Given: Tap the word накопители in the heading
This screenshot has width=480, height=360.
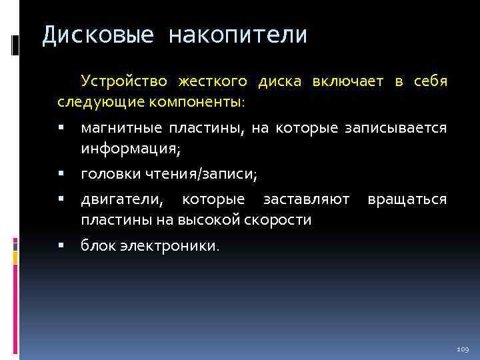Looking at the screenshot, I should coord(238,35).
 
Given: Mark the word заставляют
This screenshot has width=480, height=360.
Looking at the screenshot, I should coord(305,200).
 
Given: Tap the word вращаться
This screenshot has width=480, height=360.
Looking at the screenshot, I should coord(407,200).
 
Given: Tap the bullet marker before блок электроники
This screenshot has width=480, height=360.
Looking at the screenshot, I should coord(61,246).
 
